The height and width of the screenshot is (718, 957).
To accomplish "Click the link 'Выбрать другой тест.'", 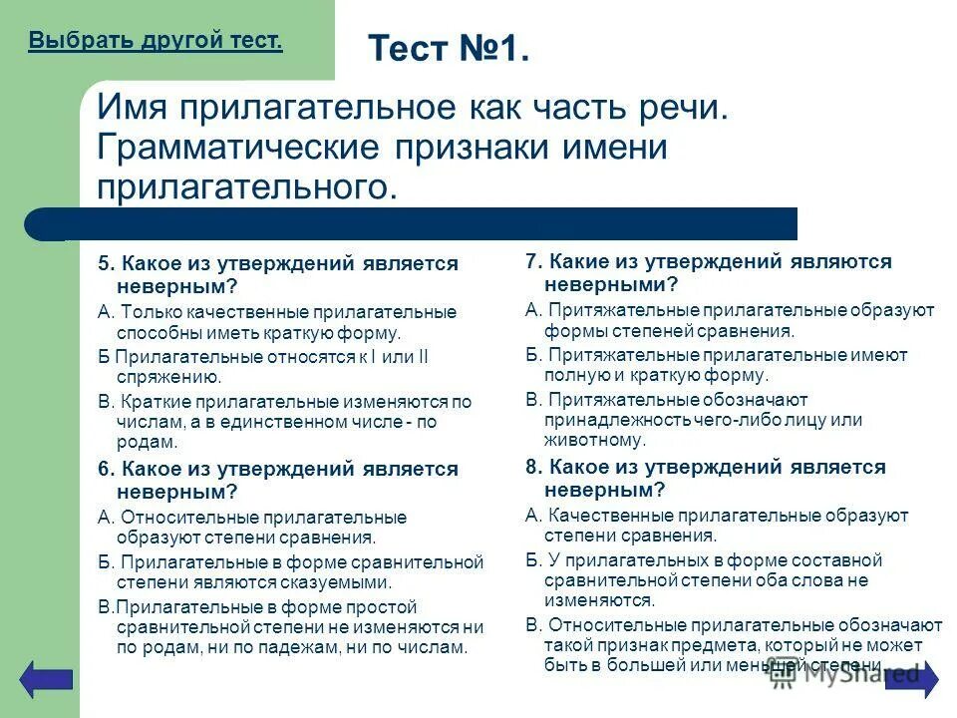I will [x=156, y=41].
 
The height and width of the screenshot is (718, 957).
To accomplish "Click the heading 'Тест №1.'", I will [x=448, y=48].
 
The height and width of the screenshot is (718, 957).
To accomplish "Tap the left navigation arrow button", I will [x=47, y=678].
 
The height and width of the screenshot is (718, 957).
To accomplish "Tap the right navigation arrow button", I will [x=911, y=678].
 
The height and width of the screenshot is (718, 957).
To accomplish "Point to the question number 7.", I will [x=533, y=262].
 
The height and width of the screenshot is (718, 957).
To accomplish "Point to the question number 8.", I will [x=533, y=468].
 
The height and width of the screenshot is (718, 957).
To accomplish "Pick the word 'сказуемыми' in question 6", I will [x=337, y=583].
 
